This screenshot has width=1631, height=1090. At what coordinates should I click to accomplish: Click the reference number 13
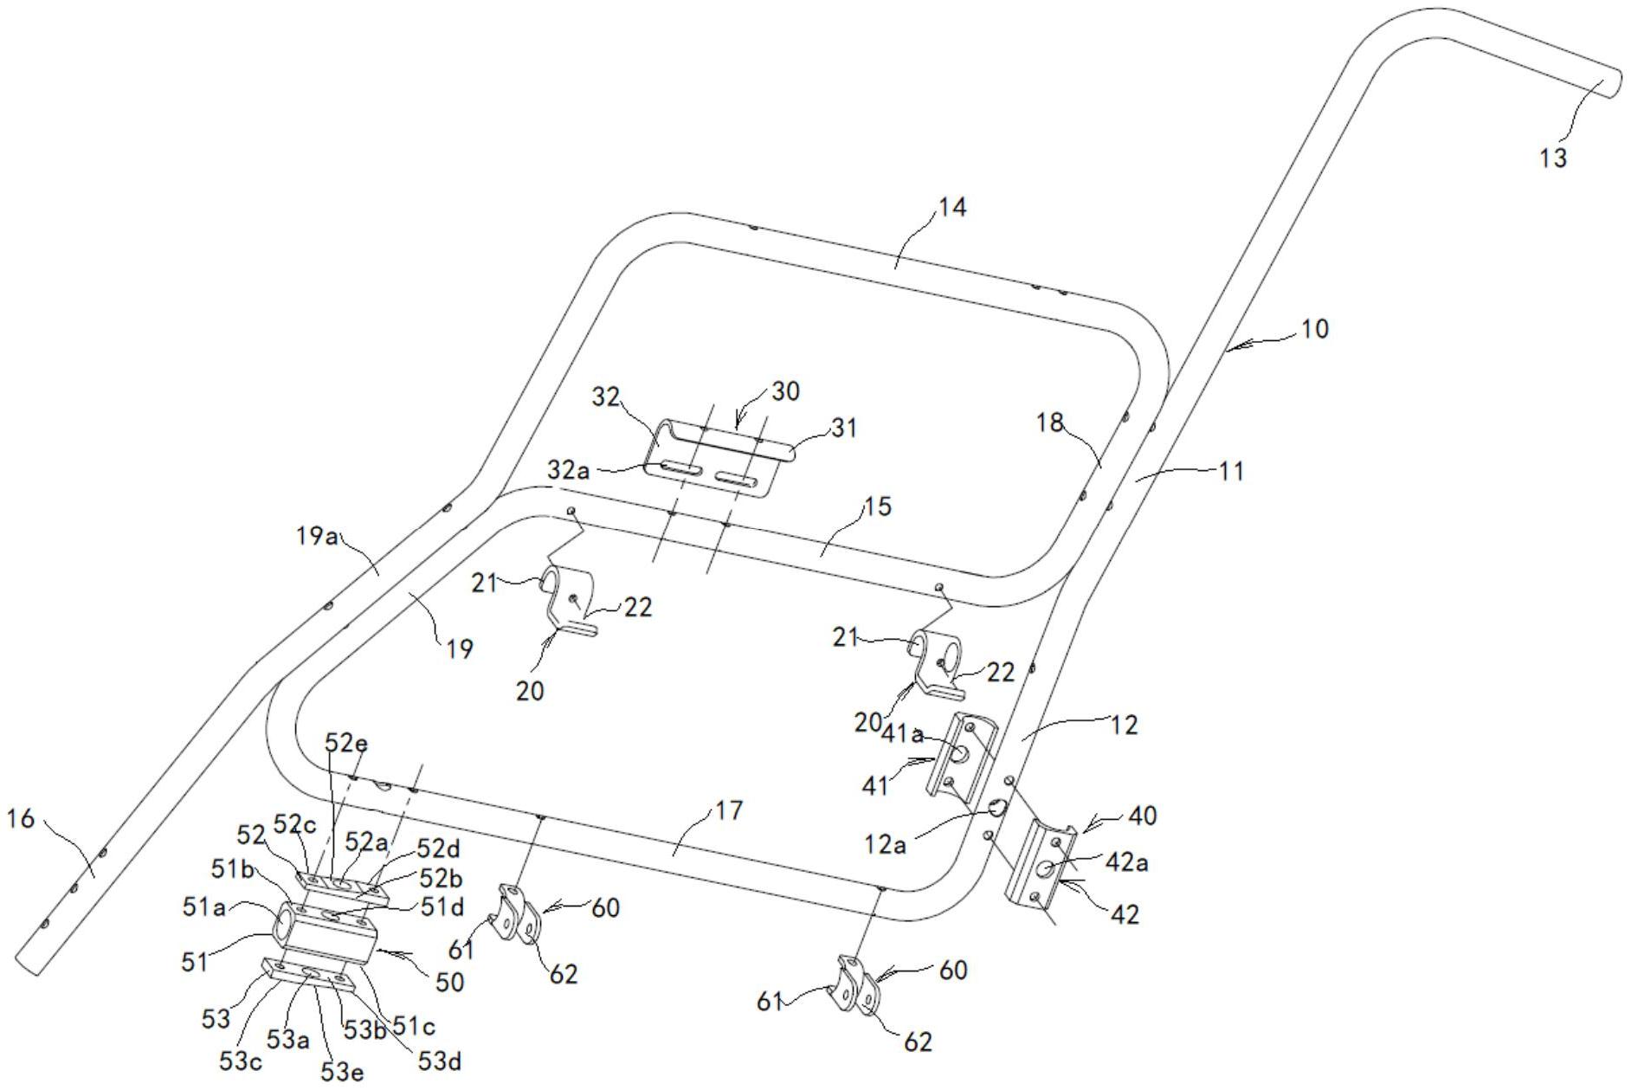pyautogui.click(x=1554, y=158)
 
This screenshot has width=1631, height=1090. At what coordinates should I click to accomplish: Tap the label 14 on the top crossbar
pyautogui.click(x=951, y=208)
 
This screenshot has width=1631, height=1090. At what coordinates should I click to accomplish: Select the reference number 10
pyautogui.click(x=1314, y=329)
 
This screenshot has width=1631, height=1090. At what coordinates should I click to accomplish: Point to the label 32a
pyautogui.click(x=568, y=470)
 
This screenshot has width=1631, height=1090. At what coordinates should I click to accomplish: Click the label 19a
pyautogui.click(x=317, y=537)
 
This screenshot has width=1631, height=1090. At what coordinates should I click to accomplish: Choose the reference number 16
pyautogui.click(x=21, y=818)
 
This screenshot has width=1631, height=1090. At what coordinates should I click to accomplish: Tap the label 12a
pyautogui.click(x=885, y=843)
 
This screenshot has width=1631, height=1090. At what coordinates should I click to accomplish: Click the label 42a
pyautogui.click(x=1126, y=863)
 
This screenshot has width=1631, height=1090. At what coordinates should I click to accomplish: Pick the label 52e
pyautogui.click(x=346, y=743)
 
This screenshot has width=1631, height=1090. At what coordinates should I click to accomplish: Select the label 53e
pyautogui.click(x=342, y=1072)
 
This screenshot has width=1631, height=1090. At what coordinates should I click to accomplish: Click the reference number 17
pyautogui.click(x=729, y=811)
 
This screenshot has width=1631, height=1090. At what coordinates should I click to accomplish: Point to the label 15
pyautogui.click(x=877, y=506)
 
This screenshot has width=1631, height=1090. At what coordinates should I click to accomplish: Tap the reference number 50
pyautogui.click(x=449, y=982)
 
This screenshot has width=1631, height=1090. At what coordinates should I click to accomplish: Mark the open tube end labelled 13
pyautogui.click(x=1610, y=84)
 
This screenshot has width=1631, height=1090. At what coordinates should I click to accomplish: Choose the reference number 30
pyautogui.click(x=785, y=391)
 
